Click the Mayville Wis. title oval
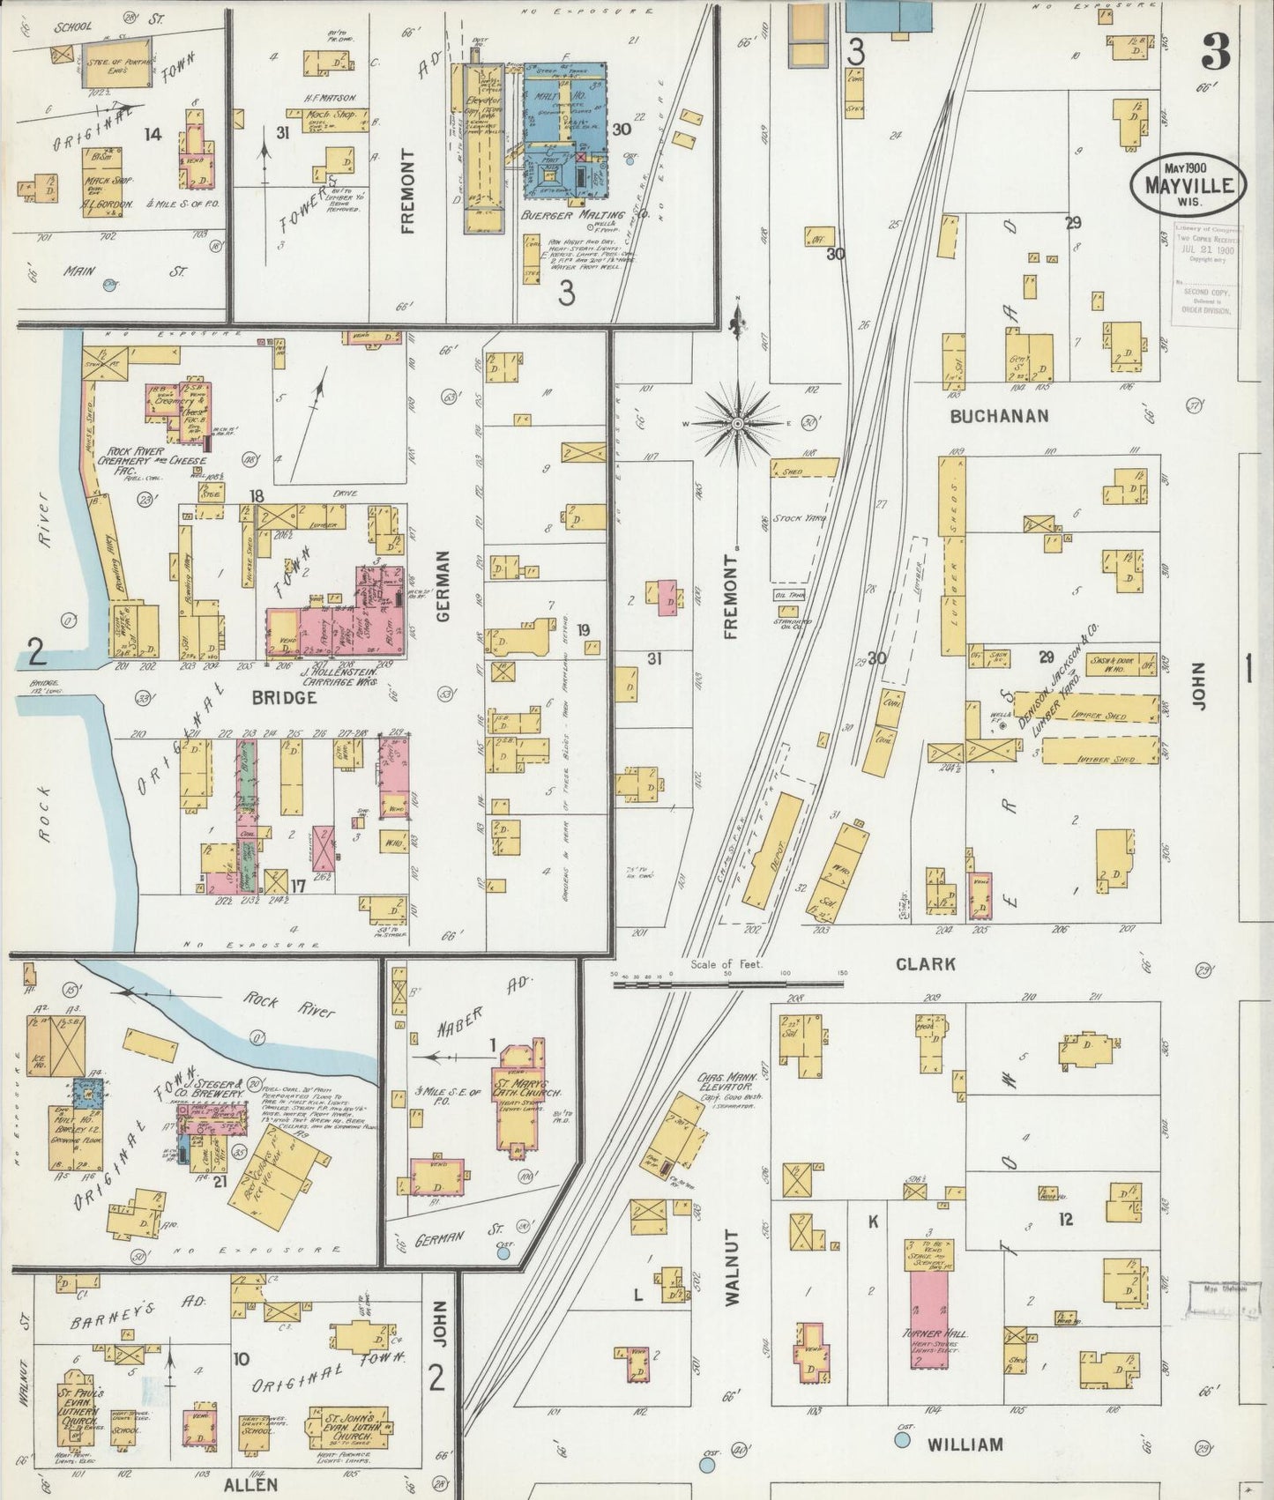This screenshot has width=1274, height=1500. [1188, 184]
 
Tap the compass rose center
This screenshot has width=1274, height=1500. [737, 425]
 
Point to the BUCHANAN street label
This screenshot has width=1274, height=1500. [999, 416]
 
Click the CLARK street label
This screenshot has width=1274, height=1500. [925, 964]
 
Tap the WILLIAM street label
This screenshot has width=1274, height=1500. [965, 1444]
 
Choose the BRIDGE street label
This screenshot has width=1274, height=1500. [284, 697]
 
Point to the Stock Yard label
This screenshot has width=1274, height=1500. [799, 519]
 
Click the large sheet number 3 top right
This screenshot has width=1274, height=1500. [1215, 55]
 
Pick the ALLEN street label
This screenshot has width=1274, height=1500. [250, 1484]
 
